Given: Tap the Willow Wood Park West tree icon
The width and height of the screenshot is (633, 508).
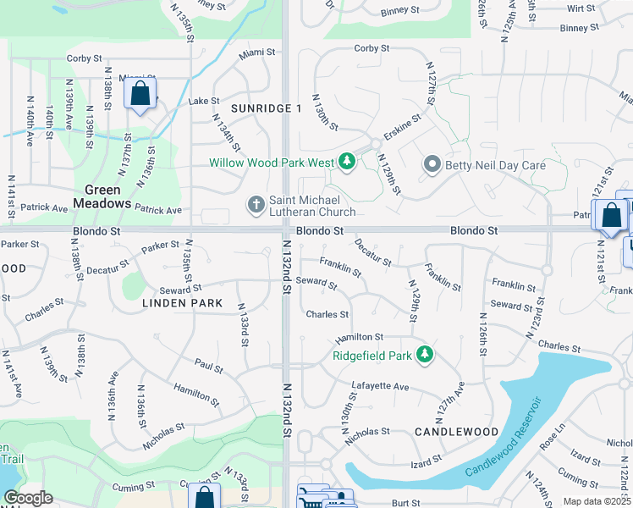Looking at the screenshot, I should pos(346,161).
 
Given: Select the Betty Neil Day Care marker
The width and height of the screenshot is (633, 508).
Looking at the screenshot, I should pos(432,165).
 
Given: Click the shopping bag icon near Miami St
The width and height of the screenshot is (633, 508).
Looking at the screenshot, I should pos(140,93).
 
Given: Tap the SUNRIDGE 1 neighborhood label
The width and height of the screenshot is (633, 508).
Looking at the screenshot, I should pos(267,108).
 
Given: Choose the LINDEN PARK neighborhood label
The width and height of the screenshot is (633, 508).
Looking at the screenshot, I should pos(182,302).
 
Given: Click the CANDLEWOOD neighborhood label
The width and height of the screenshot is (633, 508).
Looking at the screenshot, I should pos(457,432).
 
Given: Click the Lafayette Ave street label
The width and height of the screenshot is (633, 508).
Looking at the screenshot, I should pos(380,387).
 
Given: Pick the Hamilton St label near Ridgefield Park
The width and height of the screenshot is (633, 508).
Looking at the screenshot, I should pos(360,337).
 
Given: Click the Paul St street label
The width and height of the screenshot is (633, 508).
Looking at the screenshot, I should pos(208,368).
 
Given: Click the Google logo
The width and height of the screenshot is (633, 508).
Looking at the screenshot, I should pos(28,498).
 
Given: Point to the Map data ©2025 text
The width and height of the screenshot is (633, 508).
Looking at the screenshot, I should pos(597,501).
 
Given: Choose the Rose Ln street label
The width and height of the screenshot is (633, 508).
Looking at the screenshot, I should pos(552,440).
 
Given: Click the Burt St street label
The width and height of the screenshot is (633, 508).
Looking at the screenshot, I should pos(406,503).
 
